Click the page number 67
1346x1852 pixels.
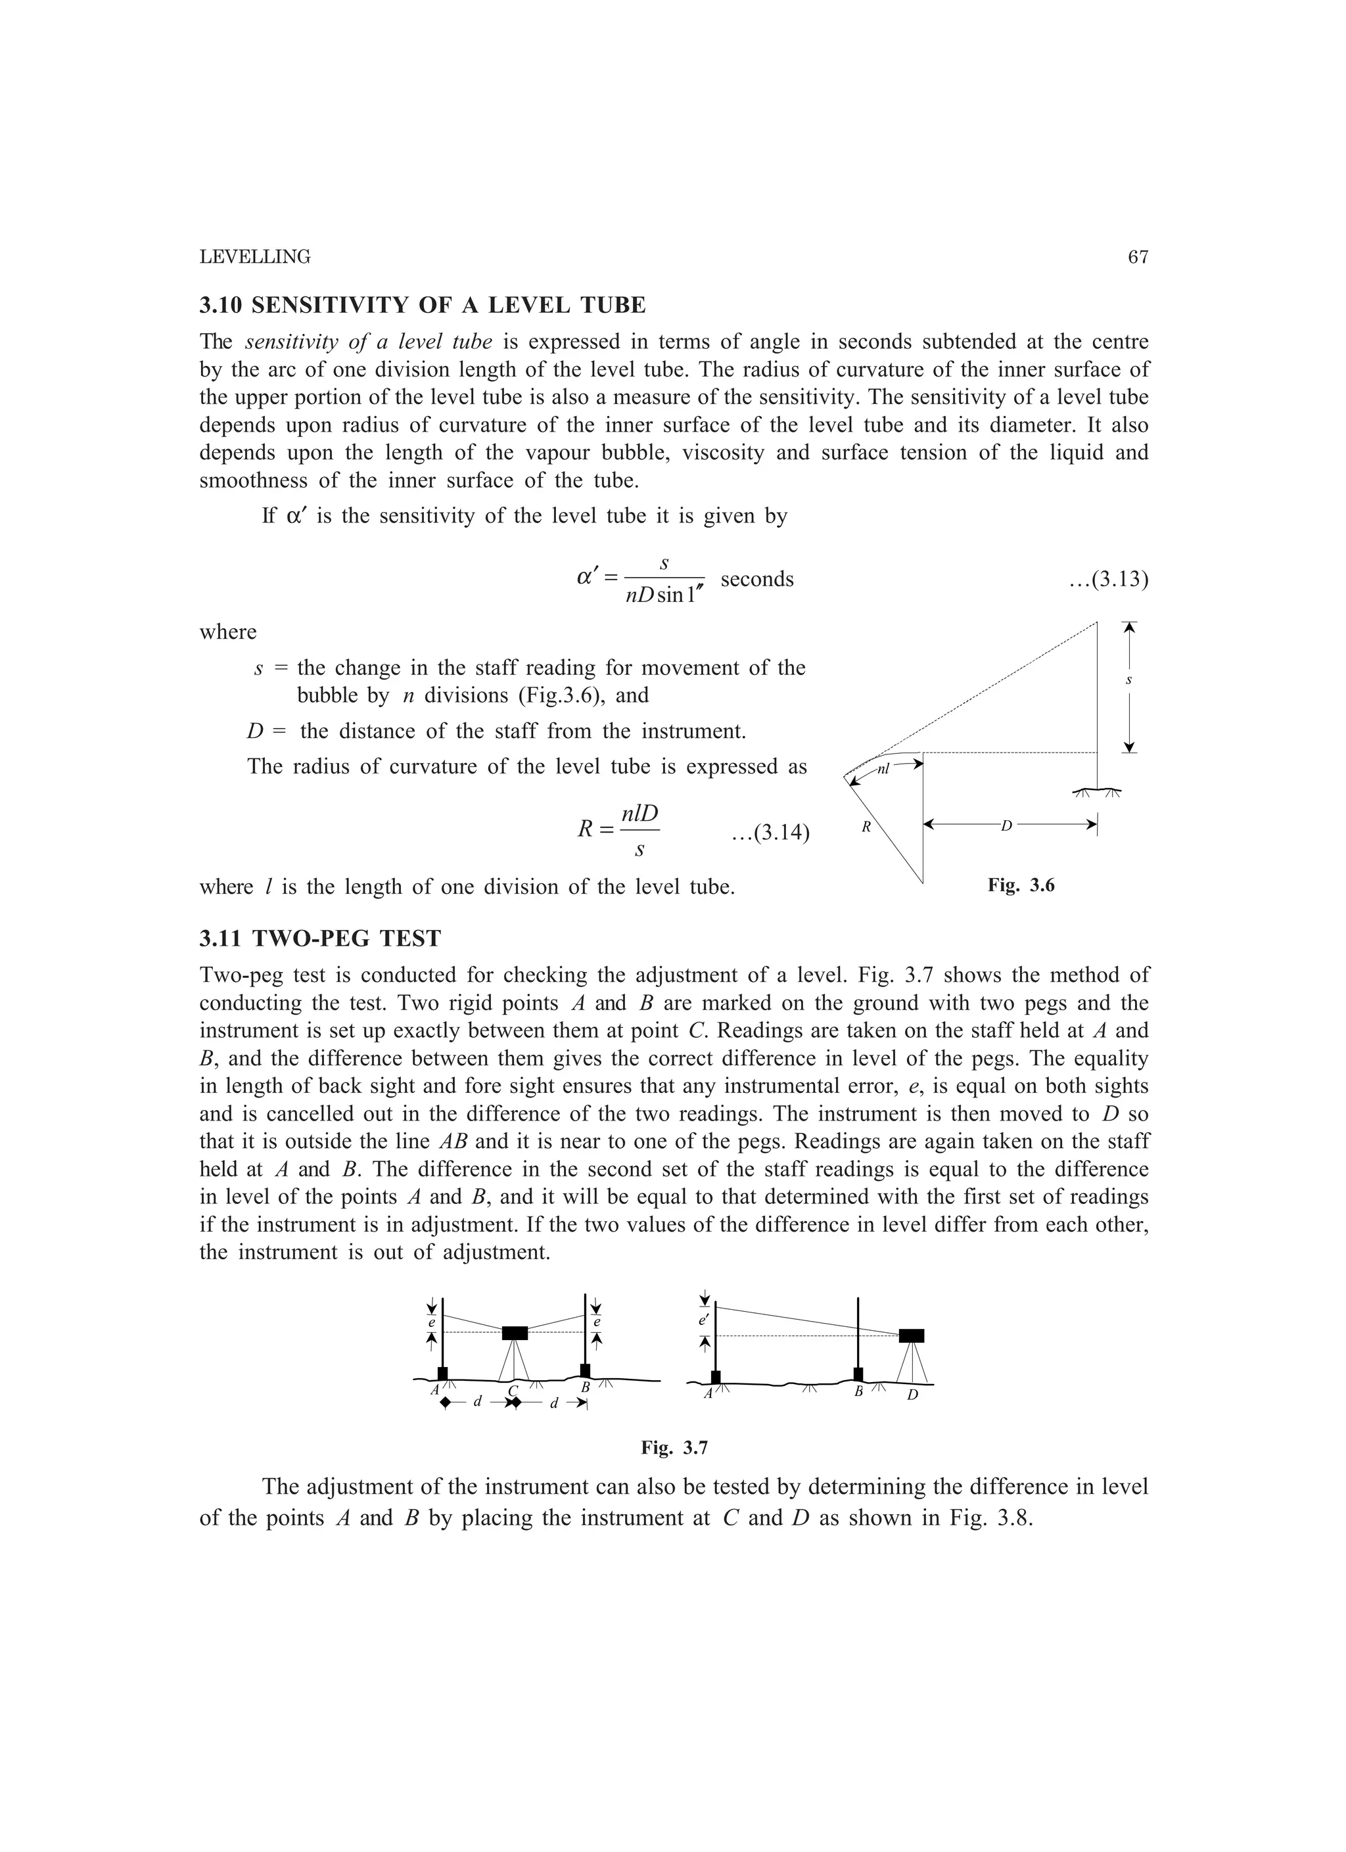point(1138,257)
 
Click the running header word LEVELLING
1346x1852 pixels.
point(255,257)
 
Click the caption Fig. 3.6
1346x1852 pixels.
point(1021,885)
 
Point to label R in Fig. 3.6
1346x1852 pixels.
point(867,827)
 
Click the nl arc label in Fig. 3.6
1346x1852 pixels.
point(884,768)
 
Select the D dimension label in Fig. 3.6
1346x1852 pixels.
point(1006,826)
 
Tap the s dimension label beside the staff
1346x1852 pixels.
point(1128,680)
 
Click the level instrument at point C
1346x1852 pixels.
point(515,1333)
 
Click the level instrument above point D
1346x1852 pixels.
point(912,1336)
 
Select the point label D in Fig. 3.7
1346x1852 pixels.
point(912,1395)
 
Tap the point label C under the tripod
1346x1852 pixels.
point(513,1391)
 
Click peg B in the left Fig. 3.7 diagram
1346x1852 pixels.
point(585,1370)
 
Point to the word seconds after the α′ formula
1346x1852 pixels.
point(757,579)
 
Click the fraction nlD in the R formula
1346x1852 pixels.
point(639,814)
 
